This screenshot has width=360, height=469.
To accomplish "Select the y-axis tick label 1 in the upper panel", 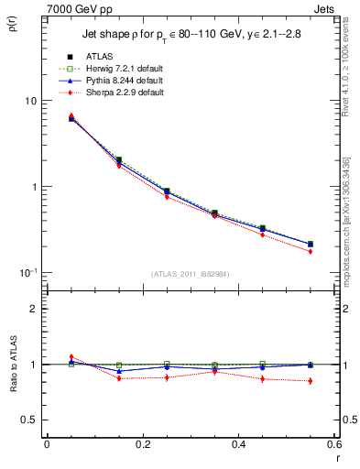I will (x=35, y=187).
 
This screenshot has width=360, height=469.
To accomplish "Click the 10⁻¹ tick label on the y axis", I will (x=29, y=272).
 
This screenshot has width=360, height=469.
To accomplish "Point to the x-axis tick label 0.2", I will (x=142, y=444).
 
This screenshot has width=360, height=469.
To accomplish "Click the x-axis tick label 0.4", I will (x=238, y=444).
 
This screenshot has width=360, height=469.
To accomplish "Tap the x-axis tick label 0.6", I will (x=333, y=444).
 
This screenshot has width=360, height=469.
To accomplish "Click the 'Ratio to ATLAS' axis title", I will (x=12, y=364).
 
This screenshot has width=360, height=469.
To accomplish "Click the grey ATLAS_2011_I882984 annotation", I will (x=190, y=273).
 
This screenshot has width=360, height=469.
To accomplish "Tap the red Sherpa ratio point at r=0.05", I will (x=71, y=357).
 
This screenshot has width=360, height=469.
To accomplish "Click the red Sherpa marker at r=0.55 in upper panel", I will (x=311, y=251).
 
